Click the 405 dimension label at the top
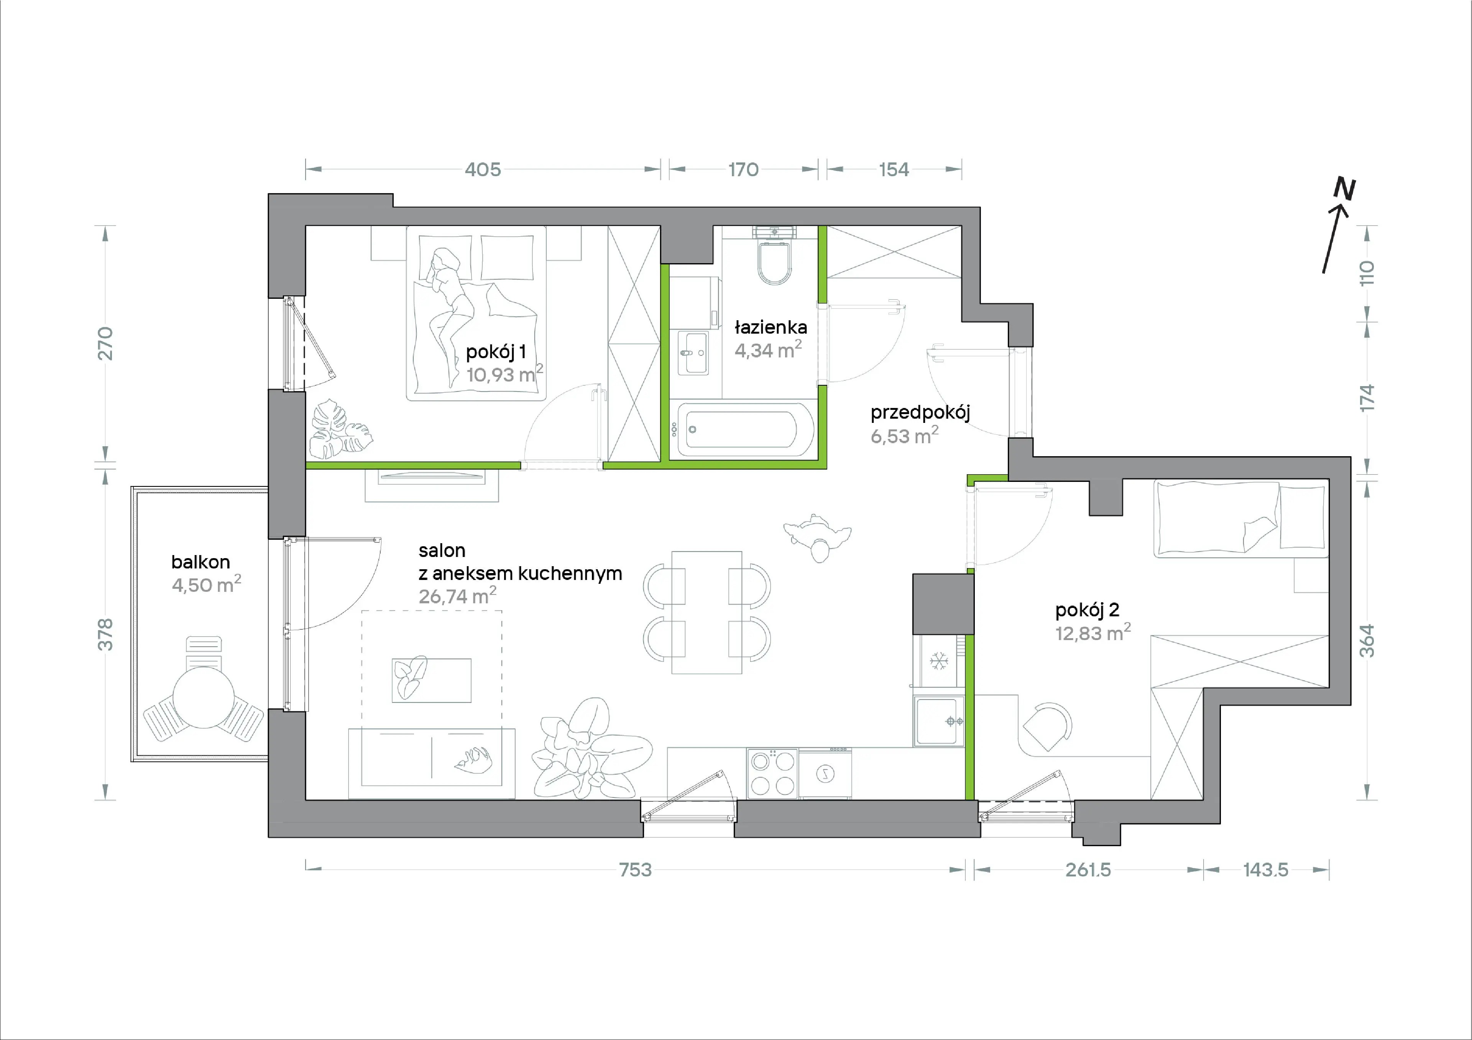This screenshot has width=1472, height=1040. (x=483, y=169)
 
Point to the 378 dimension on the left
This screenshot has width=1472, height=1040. (x=105, y=634)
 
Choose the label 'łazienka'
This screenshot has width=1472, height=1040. (x=770, y=328)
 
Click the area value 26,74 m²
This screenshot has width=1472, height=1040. (x=457, y=596)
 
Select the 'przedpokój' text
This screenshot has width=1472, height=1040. (x=920, y=413)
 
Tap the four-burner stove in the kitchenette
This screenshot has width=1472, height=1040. (x=772, y=773)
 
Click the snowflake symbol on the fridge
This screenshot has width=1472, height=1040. (x=939, y=661)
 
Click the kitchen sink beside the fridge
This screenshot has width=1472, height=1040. (x=939, y=721)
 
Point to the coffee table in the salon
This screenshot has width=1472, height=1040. (x=432, y=680)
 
